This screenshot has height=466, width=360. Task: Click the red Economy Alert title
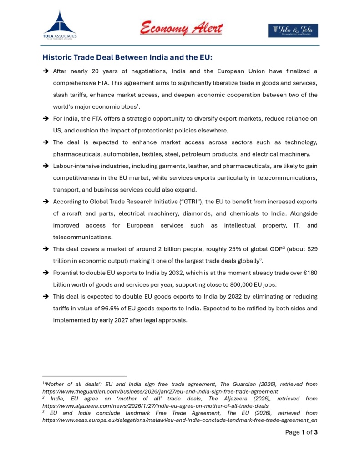point(181,28)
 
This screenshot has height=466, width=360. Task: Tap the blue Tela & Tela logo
point(293,30)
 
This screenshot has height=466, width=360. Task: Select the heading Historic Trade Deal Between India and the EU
point(127,58)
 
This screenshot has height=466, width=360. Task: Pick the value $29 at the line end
point(311,249)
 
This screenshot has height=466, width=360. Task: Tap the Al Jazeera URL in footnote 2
point(155,405)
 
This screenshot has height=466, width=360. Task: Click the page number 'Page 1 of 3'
point(301,432)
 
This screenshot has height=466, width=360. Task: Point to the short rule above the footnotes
point(85,376)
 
